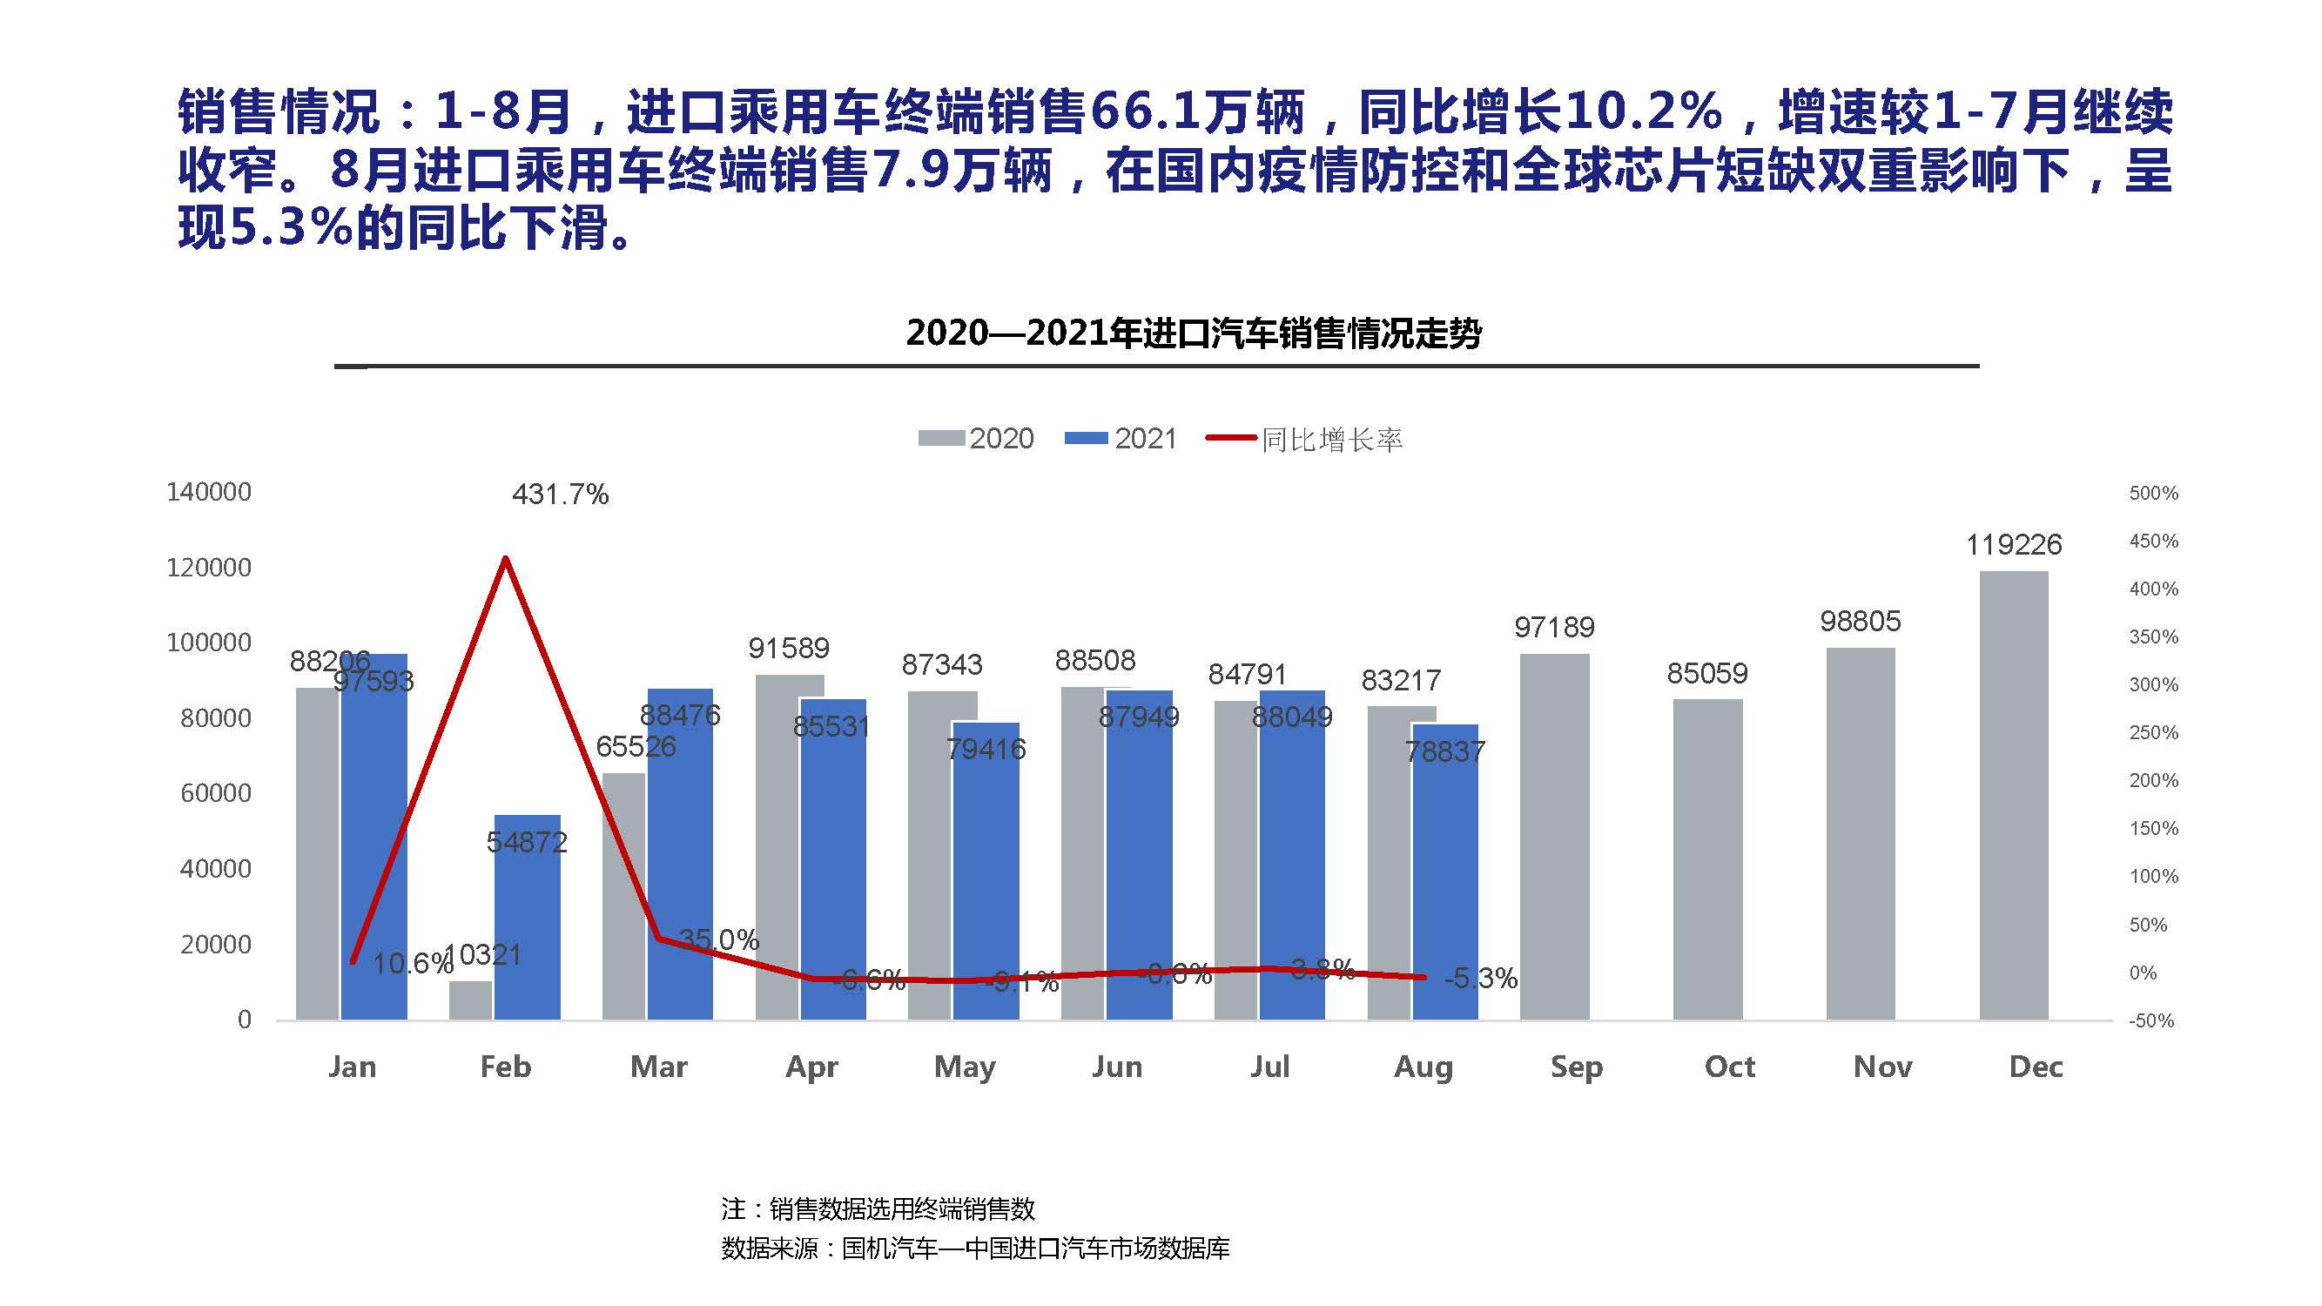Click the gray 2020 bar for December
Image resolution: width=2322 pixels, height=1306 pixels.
click(2014, 795)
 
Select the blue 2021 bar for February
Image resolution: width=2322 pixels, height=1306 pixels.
click(528, 918)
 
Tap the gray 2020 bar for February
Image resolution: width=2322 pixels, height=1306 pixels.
click(470, 1000)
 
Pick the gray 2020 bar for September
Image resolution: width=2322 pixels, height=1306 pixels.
click(1554, 837)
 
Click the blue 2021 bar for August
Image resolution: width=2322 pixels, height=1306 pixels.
click(1445, 872)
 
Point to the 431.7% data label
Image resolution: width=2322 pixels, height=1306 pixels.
click(560, 494)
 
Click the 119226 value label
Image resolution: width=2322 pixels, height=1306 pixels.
click(2014, 544)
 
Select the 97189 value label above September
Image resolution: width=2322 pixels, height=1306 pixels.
click(1554, 626)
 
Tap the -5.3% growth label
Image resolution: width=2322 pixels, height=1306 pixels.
click(1481, 978)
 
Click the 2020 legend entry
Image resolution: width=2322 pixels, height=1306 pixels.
click(976, 439)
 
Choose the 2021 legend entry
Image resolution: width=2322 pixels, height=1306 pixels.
click(1121, 439)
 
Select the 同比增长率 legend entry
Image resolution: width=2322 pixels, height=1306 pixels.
click(1305, 440)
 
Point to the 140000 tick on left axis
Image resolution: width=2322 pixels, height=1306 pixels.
click(208, 492)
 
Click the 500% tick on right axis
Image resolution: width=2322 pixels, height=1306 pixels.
click(2153, 493)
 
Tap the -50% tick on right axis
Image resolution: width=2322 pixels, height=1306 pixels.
click(2150, 1020)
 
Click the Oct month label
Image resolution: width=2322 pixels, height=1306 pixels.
click(1729, 1067)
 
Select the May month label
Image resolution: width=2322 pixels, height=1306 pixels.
click(965, 1067)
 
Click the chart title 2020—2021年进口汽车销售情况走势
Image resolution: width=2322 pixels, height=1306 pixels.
click(1194, 333)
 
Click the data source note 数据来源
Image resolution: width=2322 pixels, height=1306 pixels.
click(975, 1249)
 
